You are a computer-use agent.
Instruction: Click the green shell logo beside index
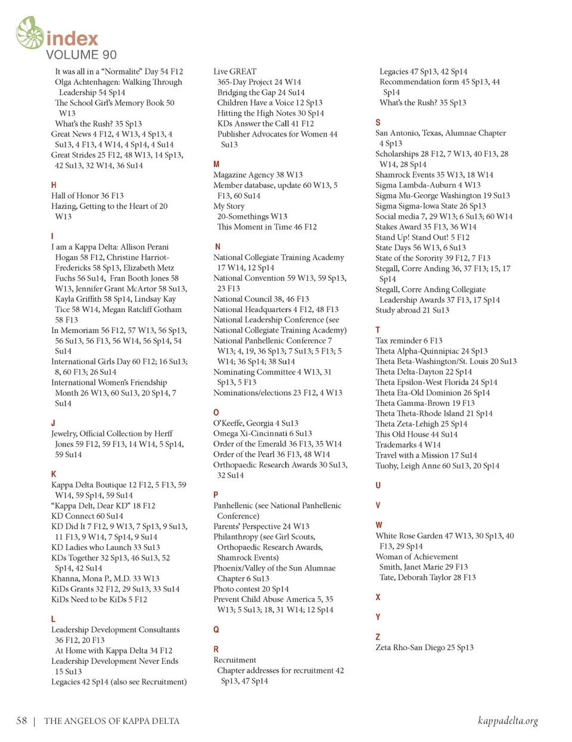point(30,33)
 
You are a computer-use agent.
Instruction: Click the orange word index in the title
point(72,39)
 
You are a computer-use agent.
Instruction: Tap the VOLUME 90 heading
point(81,55)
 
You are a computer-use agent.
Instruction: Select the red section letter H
point(54,185)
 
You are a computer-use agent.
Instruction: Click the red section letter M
point(216,164)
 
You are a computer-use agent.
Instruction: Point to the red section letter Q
point(216,629)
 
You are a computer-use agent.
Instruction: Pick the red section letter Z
point(378,637)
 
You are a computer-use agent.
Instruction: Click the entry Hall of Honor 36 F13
point(88,195)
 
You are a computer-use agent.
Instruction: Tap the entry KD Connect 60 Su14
point(87,516)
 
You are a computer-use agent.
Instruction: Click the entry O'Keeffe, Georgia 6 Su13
point(256,423)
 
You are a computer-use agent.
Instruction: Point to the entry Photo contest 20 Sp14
point(251,589)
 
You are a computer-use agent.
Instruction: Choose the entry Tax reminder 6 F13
point(409,340)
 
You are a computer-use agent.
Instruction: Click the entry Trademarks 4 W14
point(408,445)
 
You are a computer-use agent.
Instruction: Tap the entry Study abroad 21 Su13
point(412,310)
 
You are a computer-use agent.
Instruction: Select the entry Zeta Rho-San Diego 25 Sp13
point(424,647)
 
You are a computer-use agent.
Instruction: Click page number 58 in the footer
point(21,721)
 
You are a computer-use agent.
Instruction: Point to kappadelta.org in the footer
point(508,721)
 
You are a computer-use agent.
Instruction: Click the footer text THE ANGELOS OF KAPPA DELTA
point(111,721)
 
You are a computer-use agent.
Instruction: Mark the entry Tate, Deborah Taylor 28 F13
point(427,578)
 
